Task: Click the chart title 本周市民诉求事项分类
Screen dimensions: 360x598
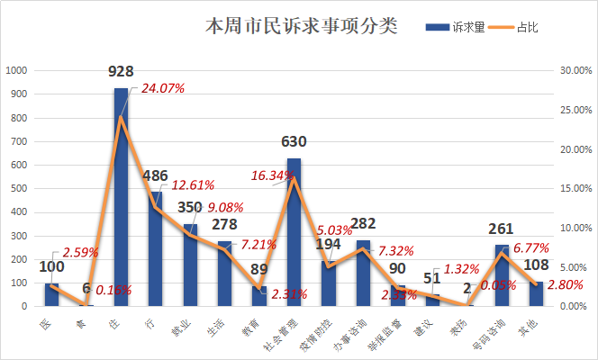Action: click(302, 25)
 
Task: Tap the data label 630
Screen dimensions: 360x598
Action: click(294, 142)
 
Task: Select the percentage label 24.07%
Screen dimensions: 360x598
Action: click(162, 88)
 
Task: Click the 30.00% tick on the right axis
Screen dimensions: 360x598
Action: click(574, 70)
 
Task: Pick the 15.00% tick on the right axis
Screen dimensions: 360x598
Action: click(574, 188)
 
